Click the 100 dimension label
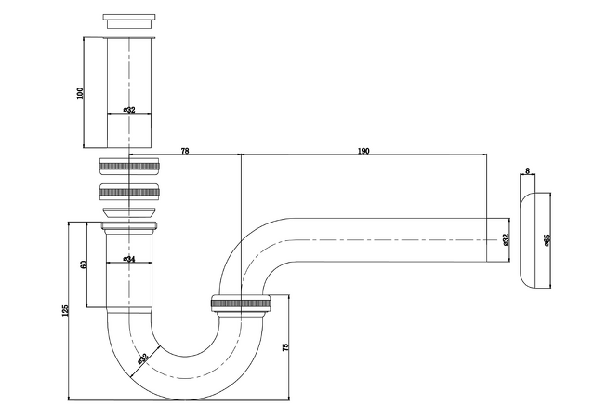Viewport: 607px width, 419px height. [x=80, y=93]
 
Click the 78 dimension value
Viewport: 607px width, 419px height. [x=185, y=151]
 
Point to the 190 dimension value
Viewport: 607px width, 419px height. [x=363, y=151]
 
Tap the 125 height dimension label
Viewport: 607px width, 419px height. [x=65, y=310]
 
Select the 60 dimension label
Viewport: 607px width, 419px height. [x=84, y=264]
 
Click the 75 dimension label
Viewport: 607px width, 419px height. [x=285, y=347]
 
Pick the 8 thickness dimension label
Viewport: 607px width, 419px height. [x=528, y=170]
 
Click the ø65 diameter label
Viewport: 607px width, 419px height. [x=547, y=239]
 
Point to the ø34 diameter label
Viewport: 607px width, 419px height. [x=129, y=259]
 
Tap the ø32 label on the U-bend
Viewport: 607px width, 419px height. [x=142, y=358]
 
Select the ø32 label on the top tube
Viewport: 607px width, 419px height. [x=129, y=110]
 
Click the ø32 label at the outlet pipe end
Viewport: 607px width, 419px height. [x=506, y=239]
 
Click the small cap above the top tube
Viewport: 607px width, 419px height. [x=129, y=20]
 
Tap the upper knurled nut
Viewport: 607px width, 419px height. [x=129, y=166]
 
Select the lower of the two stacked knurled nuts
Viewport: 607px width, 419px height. [x=129, y=192]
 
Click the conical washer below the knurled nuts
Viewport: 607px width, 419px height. [x=129, y=212]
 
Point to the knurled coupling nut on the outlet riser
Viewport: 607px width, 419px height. [x=241, y=304]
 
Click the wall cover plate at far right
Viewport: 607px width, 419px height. [x=535, y=240]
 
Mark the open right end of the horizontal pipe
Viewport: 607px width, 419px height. [x=486, y=240]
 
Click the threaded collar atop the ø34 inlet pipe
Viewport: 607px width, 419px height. [x=129, y=225]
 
